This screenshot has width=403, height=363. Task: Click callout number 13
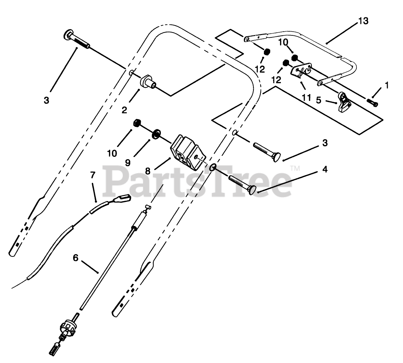click(x=363, y=21)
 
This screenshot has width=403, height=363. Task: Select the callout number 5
click(x=318, y=101)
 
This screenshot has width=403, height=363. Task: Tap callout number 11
click(x=306, y=97)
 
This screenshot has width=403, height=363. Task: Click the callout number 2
click(x=124, y=110)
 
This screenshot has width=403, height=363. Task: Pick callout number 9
click(x=128, y=163)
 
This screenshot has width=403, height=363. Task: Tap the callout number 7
click(x=93, y=175)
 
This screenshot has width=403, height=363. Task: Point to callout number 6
click(x=75, y=258)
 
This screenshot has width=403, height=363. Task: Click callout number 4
click(x=325, y=169)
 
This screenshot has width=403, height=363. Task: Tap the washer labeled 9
click(x=157, y=133)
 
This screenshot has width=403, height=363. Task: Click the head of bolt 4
click(x=252, y=191)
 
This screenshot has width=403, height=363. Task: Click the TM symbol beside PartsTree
click(x=295, y=168)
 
